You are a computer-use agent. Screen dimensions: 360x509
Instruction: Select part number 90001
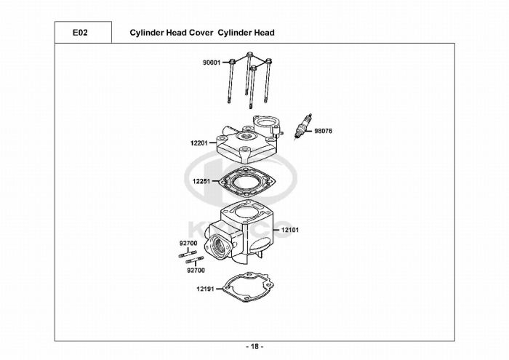tap(211, 63)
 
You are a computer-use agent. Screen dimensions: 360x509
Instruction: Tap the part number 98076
tap(324, 132)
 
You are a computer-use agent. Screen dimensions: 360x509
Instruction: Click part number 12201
tap(199, 144)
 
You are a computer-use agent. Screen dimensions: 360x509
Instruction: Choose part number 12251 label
tap(201, 181)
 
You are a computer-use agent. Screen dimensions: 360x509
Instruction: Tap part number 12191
tap(204, 289)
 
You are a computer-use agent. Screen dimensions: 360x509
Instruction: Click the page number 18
tap(254, 345)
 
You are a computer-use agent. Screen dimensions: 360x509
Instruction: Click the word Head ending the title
tap(264, 33)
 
